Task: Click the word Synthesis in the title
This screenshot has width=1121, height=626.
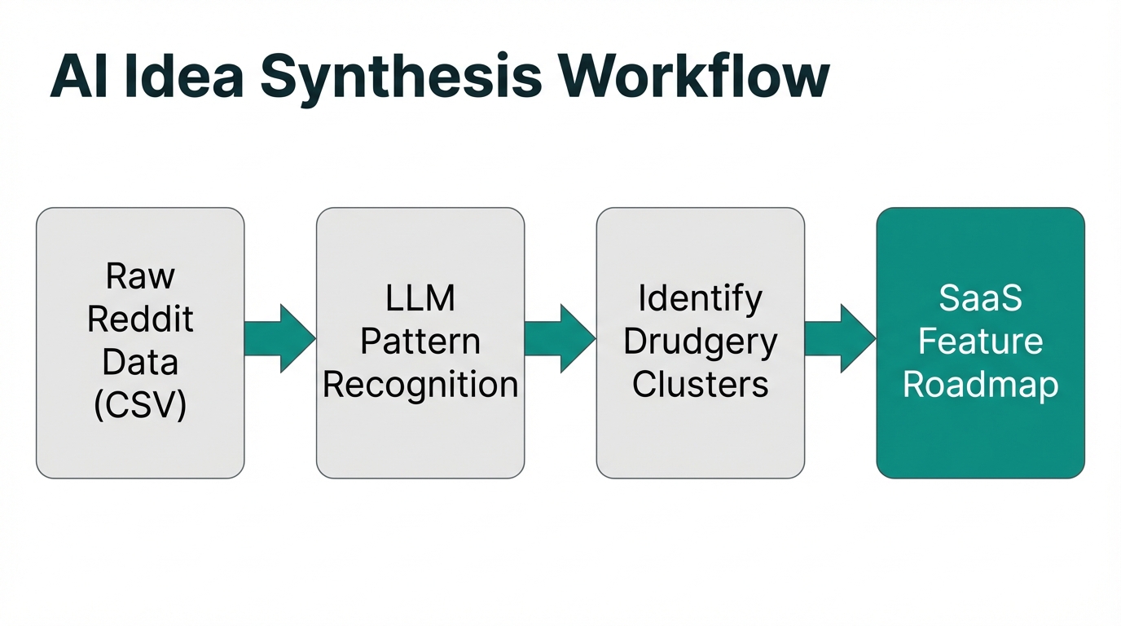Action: click(401, 77)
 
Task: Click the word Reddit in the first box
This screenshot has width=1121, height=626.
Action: click(140, 320)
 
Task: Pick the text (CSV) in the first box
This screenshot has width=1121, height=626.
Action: click(140, 406)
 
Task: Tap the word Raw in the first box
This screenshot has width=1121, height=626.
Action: click(140, 277)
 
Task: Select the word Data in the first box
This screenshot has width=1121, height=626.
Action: click(140, 363)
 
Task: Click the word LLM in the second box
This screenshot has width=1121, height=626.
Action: click(420, 299)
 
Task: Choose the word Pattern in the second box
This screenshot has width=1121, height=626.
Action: click(420, 342)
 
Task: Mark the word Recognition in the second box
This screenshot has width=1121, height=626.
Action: click(420, 385)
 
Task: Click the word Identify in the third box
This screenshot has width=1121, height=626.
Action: click(700, 299)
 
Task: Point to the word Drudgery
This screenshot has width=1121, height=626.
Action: click(700, 342)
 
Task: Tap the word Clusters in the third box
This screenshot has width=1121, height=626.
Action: click(700, 385)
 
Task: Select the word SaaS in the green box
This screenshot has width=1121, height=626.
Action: click(980, 299)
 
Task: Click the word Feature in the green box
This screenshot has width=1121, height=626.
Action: click(980, 342)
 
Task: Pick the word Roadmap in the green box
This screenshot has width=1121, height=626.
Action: click(980, 385)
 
